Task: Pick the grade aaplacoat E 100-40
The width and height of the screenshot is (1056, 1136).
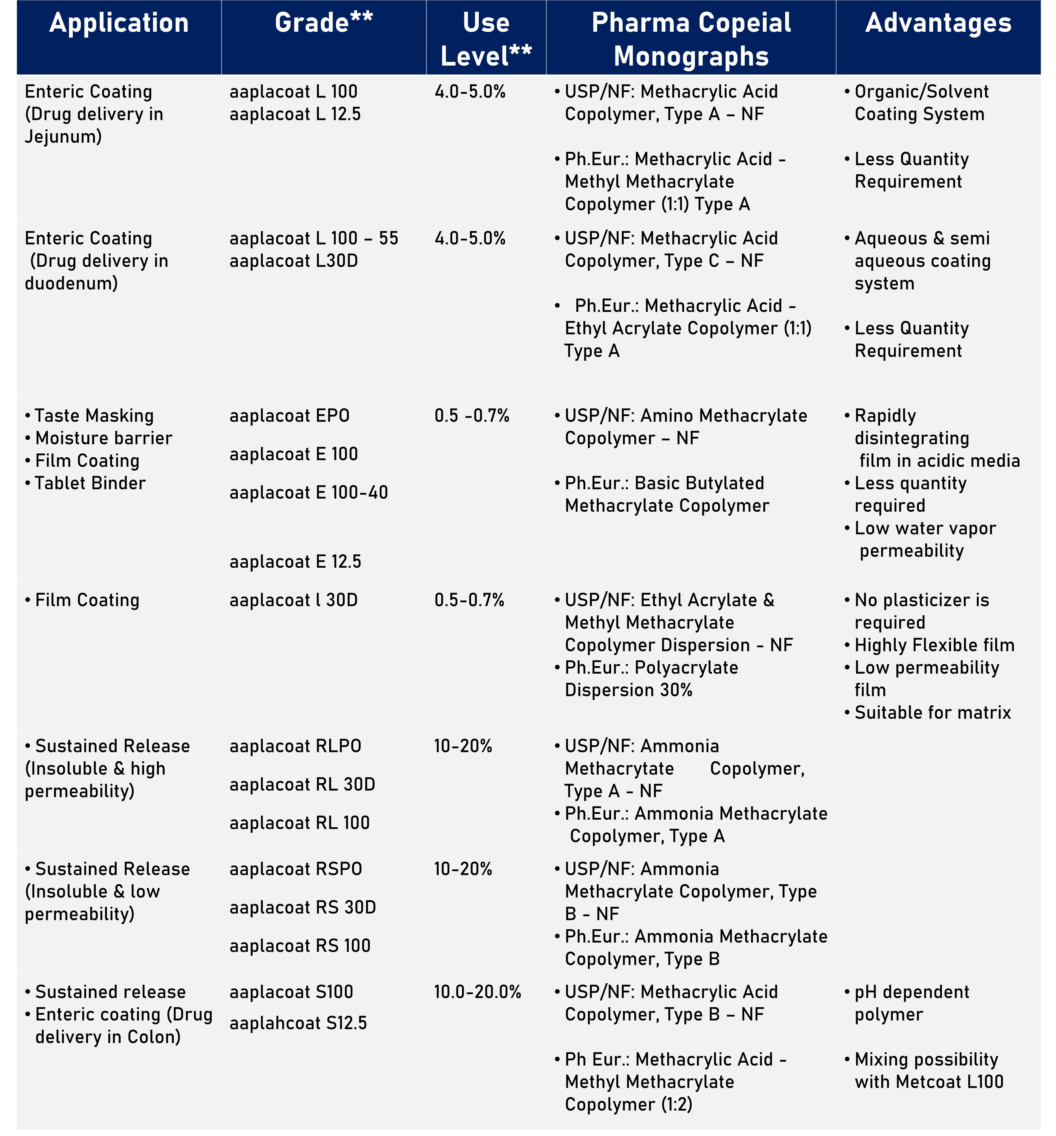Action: pos(309,492)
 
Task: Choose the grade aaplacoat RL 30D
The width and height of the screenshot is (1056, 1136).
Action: pos(302,785)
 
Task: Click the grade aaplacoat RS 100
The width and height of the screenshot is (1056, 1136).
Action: pos(300,946)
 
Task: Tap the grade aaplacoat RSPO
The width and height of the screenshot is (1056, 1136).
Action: pos(295,869)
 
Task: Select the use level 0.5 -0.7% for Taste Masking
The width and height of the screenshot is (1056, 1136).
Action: pos(471,416)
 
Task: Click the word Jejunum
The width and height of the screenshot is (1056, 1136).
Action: pos(63,137)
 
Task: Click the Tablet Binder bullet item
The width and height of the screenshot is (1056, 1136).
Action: pos(90,483)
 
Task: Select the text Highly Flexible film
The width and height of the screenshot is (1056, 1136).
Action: pos(934,645)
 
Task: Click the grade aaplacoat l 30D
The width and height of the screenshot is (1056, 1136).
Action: pos(293,601)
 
